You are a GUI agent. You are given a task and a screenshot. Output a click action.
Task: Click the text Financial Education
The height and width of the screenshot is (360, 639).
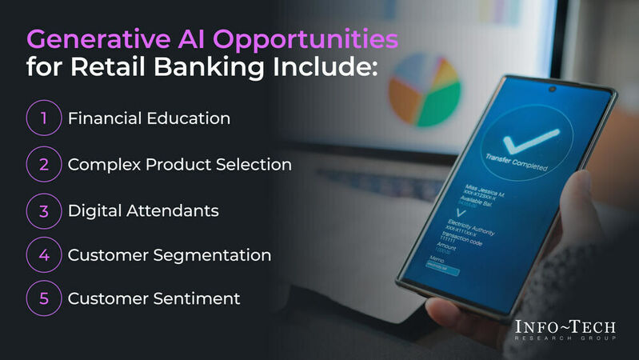(x=149, y=118)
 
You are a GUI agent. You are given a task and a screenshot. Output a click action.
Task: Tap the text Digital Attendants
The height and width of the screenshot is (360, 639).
(x=143, y=210)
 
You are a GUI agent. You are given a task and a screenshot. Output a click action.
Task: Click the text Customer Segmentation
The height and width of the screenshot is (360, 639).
(x=169, y=255)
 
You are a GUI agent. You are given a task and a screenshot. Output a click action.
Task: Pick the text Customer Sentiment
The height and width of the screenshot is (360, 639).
(x=154, y=298)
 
